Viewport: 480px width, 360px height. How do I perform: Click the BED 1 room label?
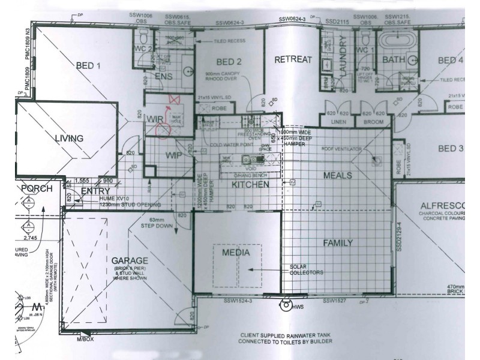pos(88,65)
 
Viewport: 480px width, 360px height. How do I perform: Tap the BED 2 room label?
pos(229,62)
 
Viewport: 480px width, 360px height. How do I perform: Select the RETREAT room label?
pos(293,59)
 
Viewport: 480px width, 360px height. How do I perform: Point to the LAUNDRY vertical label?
pos(343,58)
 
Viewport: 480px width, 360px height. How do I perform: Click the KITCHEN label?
pos(250,185)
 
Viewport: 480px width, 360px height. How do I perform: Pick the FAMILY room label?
pos(338,242)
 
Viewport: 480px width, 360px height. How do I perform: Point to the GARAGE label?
pos(129,260)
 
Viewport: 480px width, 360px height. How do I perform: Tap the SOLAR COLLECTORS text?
pos(307,269)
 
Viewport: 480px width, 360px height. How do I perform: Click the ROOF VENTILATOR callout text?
pos(340,148)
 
